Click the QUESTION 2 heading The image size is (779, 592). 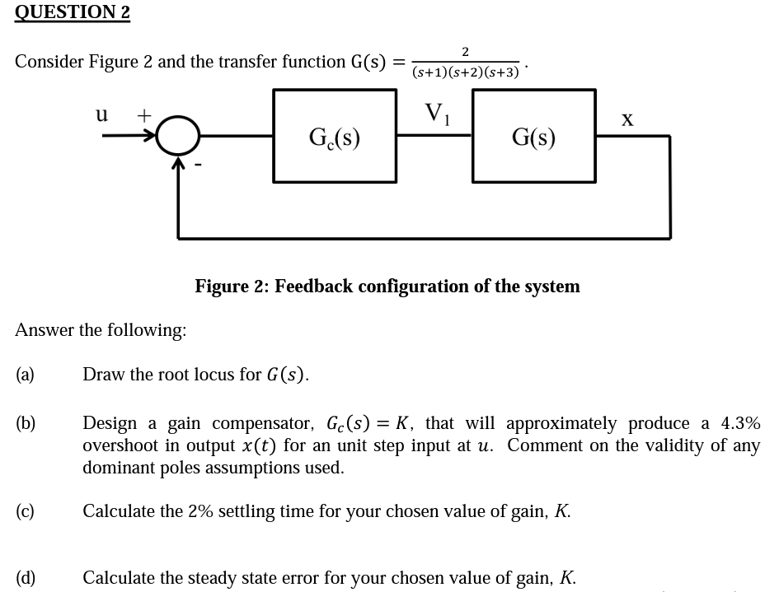click(73, 12)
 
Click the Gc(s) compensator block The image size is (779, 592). click(334, 136)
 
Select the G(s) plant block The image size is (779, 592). click(533, 136)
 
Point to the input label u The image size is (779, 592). click(101, 114)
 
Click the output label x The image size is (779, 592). click(627, 120)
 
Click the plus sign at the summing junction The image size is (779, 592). click(143, 116)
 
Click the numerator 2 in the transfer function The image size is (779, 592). click(465, 52)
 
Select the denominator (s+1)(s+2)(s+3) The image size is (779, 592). click(466, 72)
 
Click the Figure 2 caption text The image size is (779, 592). click(387, 286)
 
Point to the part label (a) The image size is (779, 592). click(25, 375)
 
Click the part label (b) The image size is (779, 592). click(26, 423)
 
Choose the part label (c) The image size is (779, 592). click(25, 511)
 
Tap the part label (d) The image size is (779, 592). click(26, 577)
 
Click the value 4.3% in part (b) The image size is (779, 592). click(740, 423)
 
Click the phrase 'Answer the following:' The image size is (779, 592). click(101, 330)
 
